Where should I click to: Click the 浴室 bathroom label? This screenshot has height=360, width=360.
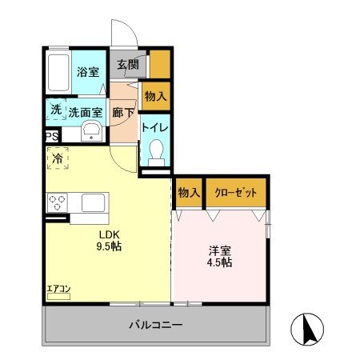[x=88, y=72]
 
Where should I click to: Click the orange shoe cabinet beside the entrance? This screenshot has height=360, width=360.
[x=159, y=63]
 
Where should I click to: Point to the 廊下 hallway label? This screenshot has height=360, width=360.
[x=123, y=113]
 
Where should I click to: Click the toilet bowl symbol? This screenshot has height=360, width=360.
[x=156, y=150]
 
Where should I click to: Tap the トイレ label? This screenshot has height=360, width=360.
[x=154, y=126]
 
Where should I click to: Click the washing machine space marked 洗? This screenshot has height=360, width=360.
[x=55, y=110]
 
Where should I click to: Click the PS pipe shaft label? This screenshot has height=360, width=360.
[x=51, y=137]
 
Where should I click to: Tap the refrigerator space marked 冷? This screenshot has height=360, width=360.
[x=58, y=159]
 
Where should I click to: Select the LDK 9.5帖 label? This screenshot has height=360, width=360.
[x=110, y=240]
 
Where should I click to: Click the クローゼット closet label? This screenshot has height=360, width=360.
[x=236, y=192]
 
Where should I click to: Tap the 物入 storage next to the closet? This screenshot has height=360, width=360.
[x=189, y=192]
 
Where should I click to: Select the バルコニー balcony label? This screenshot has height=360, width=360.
[x=156, y=326]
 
